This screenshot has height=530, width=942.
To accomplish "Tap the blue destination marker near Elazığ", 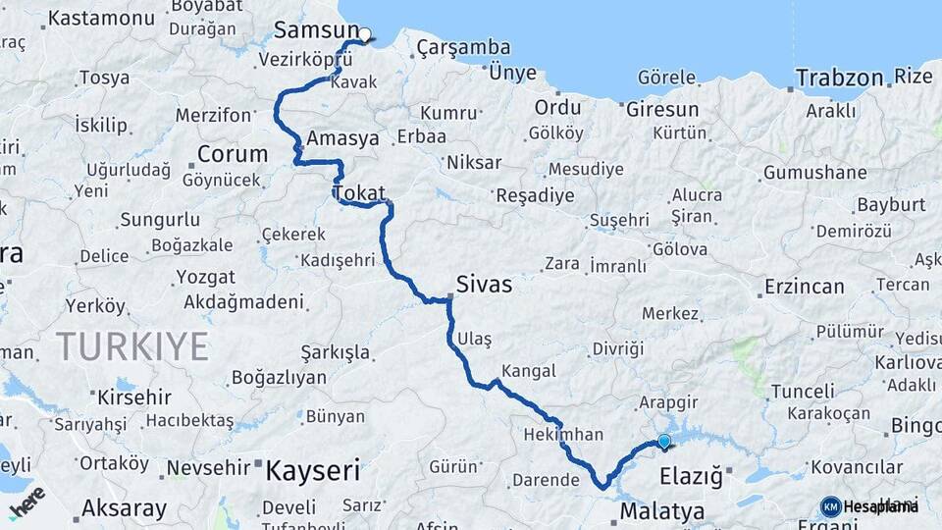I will point(664,442).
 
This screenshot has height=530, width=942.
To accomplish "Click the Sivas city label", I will point(484,285).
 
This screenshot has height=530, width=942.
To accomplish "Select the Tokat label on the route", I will point(359,193).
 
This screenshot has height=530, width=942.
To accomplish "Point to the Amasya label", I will point(342,138).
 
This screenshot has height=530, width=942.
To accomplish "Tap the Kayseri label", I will point(313,470).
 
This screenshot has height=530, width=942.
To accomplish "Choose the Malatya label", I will point(662,511).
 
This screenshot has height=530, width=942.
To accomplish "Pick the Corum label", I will point(233,154).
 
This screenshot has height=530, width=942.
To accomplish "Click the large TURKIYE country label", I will point(131,346).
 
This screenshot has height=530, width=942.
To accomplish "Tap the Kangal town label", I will point(528,371).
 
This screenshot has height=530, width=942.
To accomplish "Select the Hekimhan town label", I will point(556,433).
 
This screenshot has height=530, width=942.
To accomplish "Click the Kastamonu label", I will point(94,18).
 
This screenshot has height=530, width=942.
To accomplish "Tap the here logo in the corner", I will point(26,502).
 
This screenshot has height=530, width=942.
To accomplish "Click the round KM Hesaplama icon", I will point(830,506).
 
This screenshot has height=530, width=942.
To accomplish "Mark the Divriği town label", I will point(618,348).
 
